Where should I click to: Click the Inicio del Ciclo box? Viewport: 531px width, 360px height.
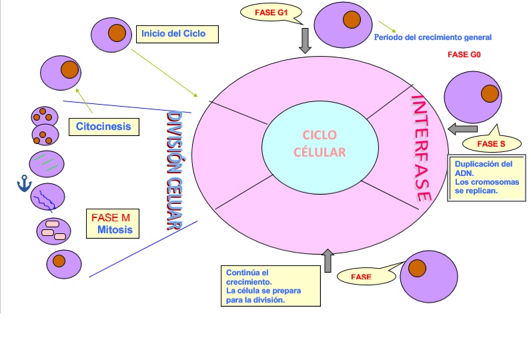click(x=177, y=34)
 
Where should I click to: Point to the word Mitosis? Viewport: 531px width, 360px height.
click(x=115, y=231)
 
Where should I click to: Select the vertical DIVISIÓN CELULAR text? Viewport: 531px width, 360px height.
click(x=175, y=171)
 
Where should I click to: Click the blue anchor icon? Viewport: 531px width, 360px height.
click(x=25, y=185)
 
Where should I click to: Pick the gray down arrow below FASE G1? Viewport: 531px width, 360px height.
click(x=306, y=40)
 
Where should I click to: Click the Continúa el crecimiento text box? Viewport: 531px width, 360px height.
click(x=271, y=286)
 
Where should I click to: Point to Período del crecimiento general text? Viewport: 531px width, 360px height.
click(x=433, y=37)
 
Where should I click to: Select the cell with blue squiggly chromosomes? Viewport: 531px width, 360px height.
click(x=48, y=197)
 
